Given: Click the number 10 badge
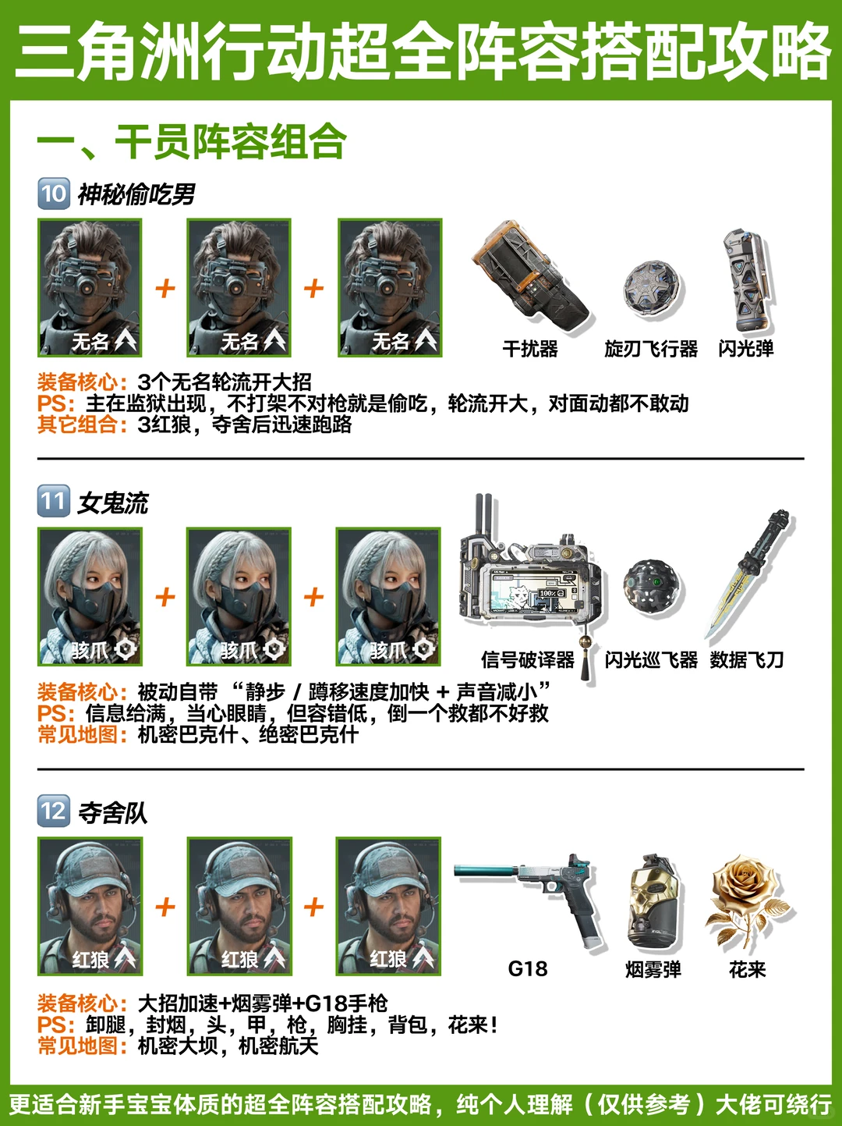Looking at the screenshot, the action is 54,194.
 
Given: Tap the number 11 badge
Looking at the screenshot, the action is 54,501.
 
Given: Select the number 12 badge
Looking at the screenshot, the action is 54,811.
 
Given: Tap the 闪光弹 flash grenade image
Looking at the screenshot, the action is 747,280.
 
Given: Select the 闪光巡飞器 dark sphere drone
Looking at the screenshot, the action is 651,588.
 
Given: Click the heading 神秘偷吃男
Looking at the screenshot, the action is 136,194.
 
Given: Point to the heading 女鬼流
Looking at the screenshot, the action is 113,503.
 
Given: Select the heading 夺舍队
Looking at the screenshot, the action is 113,812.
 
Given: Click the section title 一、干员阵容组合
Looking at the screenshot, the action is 192,141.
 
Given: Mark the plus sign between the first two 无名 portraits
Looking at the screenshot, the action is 165,288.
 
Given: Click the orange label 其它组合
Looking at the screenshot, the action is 82,424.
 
